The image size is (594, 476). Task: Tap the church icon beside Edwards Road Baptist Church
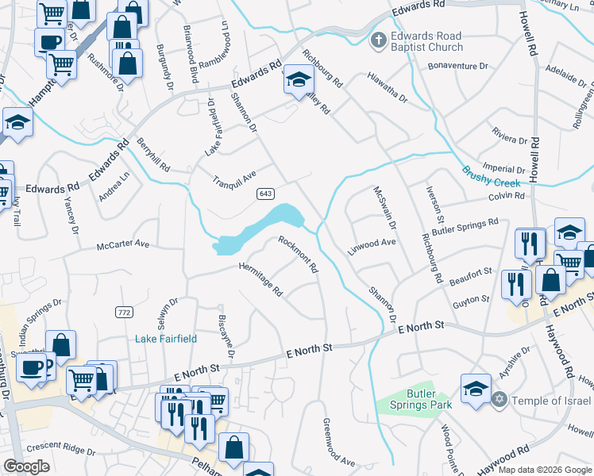coord(380,39)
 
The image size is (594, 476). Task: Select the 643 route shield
coord(266,194)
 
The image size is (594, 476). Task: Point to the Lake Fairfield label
coord(167,339)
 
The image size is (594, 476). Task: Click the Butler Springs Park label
coord(414,399)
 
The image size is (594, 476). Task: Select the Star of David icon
coord(499,398)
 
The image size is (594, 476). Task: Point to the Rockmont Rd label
coord(298,254)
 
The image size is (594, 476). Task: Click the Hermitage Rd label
coord(261,278)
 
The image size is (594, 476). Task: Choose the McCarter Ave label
coord(123,244)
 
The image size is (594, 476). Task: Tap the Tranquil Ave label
coord(234,181)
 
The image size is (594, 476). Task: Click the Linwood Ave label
coord(372,246)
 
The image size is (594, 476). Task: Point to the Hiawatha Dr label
coord(387,88)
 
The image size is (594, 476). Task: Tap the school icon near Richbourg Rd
coord(299,80)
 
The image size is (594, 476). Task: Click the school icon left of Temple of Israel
coord(476,389)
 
